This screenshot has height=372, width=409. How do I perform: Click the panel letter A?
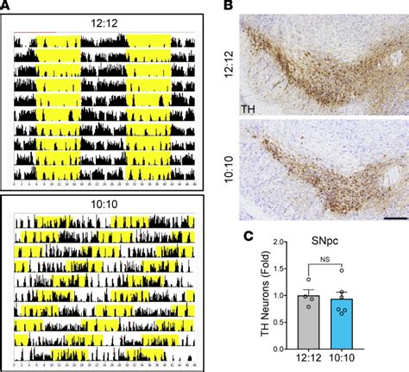coord(7,7)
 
